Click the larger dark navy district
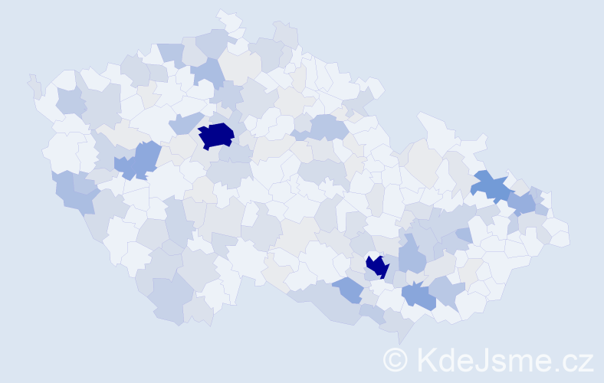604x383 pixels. pyautogui.click(x=216, y=135)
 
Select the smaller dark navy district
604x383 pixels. pyautogui.click(x=377, y=266)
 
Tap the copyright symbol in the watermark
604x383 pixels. pyautogui.click(x=395, y=359)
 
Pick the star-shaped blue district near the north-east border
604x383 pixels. pyautogui.click(x=490, y=185)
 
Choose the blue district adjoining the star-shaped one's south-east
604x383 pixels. pyautogui.click(x=522, y=203)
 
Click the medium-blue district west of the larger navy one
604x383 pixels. pyautogui.click(x=138, y=160)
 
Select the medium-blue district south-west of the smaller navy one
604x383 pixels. pyautogui.click(x=349, y=289)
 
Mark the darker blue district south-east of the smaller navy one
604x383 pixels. pyautogui.click(x=419, y=296)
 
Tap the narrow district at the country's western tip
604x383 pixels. pyautogui.click(x=34, y=84)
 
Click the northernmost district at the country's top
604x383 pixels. pyautogui.click(x=228, y=20)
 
